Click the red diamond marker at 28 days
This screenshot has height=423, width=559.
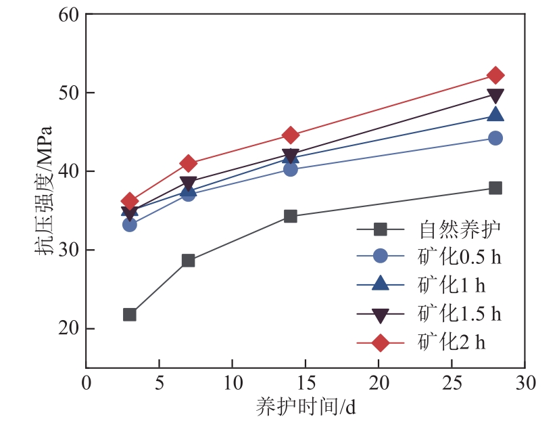click(495, 75)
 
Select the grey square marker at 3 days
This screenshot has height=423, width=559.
click(130, 315)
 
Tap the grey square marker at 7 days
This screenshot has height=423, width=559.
click(188, 261)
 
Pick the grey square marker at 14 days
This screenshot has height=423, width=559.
click(291, 216)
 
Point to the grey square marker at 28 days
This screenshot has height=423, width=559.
click(495, 187)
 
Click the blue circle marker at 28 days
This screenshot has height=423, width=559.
click(495, 138)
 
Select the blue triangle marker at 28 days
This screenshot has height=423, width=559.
click(495, 115)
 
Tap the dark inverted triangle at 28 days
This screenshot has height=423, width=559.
click(495, 95)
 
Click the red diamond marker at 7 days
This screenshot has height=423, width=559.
click(188, 163)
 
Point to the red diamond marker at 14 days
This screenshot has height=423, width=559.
click(291, 135)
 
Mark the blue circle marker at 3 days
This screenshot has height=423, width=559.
click(130, 224)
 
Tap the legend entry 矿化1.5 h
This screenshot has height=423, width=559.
click(460, 314)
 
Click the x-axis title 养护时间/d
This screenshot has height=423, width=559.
click(305, 407)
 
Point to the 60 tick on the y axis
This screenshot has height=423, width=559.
click(70, 14)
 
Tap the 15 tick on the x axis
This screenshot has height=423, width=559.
click(305, 382)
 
